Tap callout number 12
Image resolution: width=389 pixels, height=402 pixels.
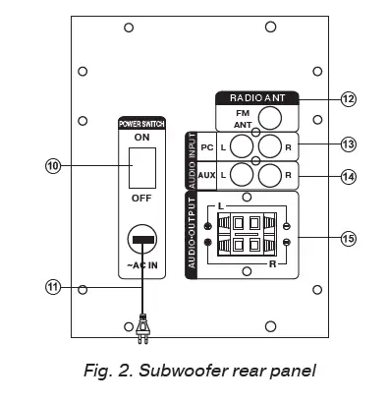pyautogui.click(x=347, y=98)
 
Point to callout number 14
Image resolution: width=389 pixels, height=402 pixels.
pyautogui.click(x=347, y=176)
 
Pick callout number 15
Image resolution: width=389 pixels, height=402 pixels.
pyautogui.click(x=347, y=237)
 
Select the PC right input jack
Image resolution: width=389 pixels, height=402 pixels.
pyautogui.click(x=271, y=147)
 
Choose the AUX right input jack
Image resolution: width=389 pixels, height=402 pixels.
pyautogui.click(x=271, y=176)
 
